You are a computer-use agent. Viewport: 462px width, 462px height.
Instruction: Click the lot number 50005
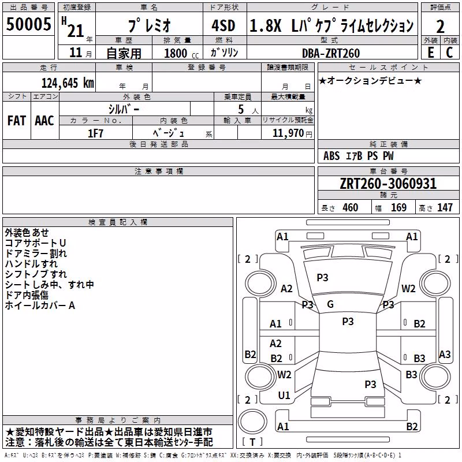point(28,24)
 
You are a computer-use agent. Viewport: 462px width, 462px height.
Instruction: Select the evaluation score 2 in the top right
point(440,27)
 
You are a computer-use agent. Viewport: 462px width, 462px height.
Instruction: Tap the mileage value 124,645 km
point(68,83)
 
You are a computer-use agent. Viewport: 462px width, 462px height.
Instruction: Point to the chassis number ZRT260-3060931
point(388,184)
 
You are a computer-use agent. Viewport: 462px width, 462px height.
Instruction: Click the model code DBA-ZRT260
point(331,53)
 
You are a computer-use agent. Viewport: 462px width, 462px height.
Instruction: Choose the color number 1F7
point(95,133)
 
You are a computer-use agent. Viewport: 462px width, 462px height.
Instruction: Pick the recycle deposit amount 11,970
point(288,133)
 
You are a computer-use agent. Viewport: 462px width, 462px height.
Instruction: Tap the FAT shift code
point(17,121)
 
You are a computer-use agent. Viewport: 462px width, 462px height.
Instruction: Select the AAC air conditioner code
point(44,121)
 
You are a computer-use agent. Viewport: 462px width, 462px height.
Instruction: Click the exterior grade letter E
point(431,53)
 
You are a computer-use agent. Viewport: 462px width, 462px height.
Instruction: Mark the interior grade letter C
point(449,53)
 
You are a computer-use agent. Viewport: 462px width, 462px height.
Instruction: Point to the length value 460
point(351,207)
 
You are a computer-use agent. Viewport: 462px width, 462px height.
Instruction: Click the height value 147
point(445,207)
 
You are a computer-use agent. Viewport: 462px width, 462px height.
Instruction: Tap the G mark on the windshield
point(330,304)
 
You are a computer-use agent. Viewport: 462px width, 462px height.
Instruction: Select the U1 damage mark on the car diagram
point(284,396)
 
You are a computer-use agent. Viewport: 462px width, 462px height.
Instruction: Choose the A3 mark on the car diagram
point(445,355)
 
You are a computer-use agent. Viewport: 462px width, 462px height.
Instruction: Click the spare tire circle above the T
point(252,422)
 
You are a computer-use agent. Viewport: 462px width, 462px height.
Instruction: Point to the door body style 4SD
point(223,25)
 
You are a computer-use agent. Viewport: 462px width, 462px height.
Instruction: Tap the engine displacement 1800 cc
point(181,53)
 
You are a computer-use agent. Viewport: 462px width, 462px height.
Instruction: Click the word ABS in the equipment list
point(331,156)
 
